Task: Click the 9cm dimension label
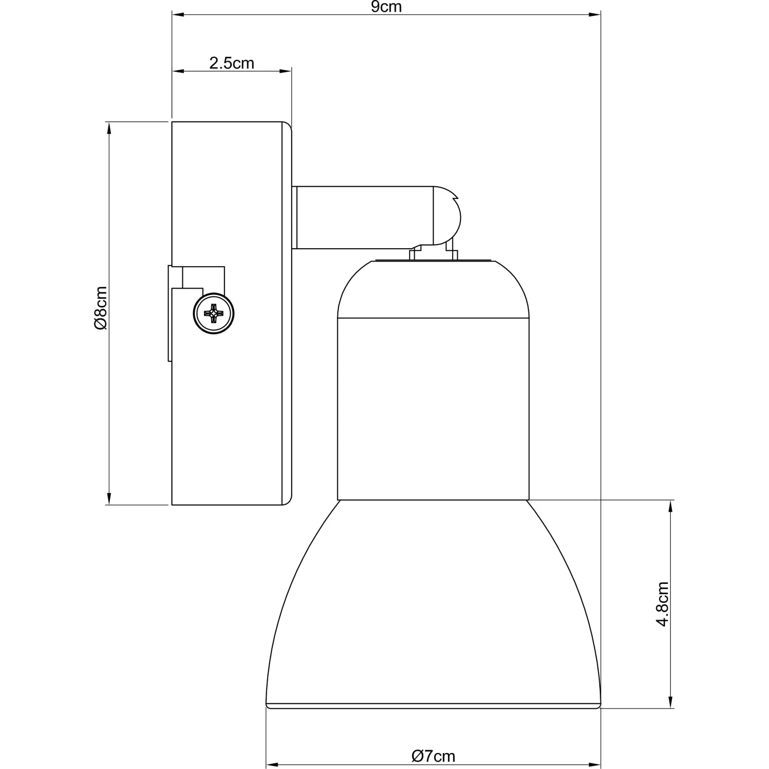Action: (386, 7)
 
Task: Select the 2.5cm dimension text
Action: (232, 63)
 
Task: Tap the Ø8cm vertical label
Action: (100, 308)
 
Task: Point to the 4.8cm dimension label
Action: (663, 604)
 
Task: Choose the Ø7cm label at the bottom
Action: (433, 756)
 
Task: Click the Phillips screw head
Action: (214, 314)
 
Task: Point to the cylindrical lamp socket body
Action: (433, 409)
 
